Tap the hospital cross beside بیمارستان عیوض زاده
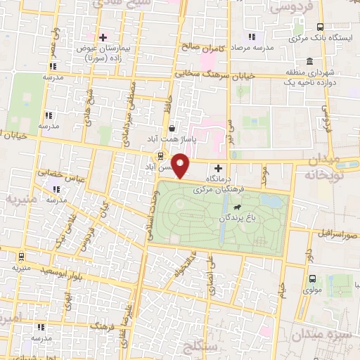[103, 37]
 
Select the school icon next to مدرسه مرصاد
[252, 37]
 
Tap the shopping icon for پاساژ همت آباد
[172, 128]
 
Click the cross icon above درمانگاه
[218, 168]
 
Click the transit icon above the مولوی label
[312, 277]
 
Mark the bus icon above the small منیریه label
[21, 257]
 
